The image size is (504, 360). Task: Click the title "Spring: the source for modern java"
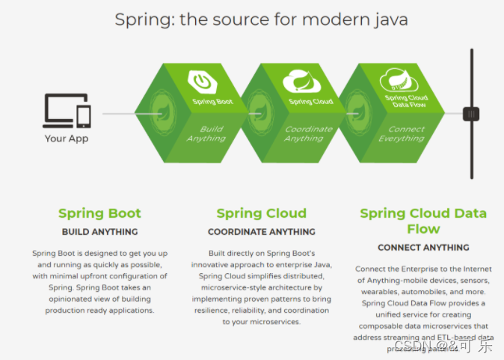[x=261, y=19]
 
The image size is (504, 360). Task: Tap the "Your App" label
[x=66, y=138]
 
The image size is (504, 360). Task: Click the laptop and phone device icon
[x=67, y=112]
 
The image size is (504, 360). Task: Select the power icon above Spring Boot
[x=202, y=80]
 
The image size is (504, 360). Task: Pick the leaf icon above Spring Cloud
[x=301, y=79]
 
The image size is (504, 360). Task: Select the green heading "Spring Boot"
[x=99, y=213]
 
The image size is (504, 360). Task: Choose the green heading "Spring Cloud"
[x=261, y=213]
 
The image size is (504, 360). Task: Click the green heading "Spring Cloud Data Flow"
[x=422, y=221]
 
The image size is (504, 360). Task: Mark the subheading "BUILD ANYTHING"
[x=99, y=232]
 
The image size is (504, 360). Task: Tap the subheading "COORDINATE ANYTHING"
[x=261, y=232]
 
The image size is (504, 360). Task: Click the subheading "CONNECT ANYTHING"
[x=422, y=247]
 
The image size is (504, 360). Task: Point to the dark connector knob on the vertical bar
[x=470, y=114]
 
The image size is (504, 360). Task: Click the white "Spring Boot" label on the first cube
[x=212, y=101]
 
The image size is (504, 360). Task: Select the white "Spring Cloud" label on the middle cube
[x=310, y=101]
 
